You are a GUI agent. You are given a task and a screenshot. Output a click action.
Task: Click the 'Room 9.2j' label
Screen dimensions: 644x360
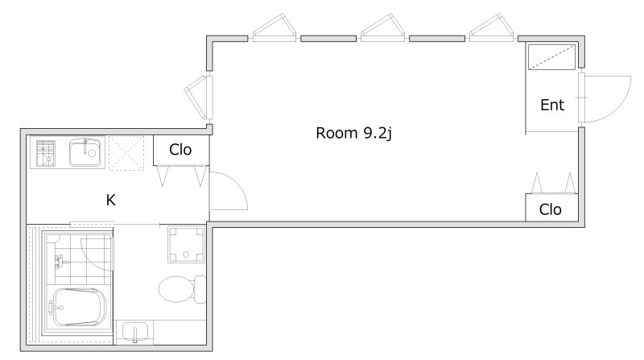point(353,133)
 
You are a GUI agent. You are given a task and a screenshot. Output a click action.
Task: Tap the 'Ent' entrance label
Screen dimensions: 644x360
point(552,106)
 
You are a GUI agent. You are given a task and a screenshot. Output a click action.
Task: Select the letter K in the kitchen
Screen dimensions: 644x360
point(110,201)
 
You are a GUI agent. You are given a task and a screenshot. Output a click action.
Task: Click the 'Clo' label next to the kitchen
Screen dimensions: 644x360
point(180,150)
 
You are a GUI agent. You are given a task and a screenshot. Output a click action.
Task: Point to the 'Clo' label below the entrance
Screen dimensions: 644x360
point(550,209)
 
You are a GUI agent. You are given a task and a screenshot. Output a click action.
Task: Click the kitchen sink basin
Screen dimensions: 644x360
point(85,152)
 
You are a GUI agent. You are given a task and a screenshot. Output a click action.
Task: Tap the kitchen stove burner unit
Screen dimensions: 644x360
point(45,153)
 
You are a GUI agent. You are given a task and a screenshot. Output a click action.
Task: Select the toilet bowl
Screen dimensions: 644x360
point(182,289)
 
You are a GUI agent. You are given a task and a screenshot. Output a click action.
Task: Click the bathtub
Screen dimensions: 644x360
point(78,307)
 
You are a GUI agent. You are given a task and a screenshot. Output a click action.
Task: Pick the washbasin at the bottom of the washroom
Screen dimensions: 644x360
point(135,332)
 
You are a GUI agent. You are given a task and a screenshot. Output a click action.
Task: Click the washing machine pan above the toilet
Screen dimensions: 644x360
point(186,244)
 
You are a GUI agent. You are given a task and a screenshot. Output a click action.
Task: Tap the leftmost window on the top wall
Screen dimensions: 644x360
point(275,28)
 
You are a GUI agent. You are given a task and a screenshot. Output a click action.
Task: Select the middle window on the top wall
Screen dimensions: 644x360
point(383,28)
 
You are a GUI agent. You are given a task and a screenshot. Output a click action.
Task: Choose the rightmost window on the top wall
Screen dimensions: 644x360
point(491,28)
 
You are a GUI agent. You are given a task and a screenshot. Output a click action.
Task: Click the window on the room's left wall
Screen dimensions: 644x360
point(199,97)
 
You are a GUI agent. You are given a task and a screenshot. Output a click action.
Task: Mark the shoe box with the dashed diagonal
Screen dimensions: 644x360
point(551,57)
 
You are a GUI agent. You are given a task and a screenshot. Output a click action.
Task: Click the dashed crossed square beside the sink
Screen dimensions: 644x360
point(126,152)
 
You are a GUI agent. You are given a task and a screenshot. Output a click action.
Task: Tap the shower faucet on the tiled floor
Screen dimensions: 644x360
point(60,261)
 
